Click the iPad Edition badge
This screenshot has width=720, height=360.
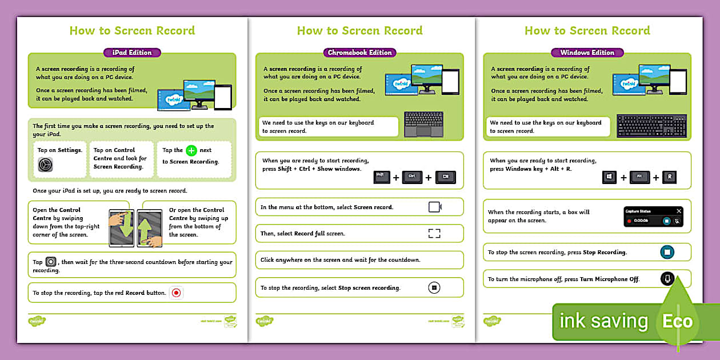(x=132, y=53)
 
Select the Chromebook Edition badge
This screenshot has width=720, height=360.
(x=359, y=53)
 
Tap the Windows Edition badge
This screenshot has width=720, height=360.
(x=587, y=53)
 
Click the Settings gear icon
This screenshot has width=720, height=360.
(x=45, y=165)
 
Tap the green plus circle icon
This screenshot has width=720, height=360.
(x=191, y=151)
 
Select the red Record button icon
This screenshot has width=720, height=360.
(x=176, y=293)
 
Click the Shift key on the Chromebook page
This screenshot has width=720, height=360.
(x=381, y=177)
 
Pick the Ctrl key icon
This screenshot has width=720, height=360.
(x=412, y=177)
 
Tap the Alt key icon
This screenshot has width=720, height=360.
(x=639, y=177)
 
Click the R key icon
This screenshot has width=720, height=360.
(x=669, y=177)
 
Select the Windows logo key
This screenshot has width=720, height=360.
(x=609, y=177)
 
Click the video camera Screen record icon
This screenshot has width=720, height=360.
(x=435, y=207)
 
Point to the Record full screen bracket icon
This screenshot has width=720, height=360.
(x=434, y=233)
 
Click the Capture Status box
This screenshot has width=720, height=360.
(x=653, y=217)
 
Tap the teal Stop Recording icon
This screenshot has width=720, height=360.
(x=666, y=252)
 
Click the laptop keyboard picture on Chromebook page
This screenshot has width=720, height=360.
(x=423, y=125)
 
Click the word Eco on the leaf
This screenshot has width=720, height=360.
(x=677, y=321)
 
